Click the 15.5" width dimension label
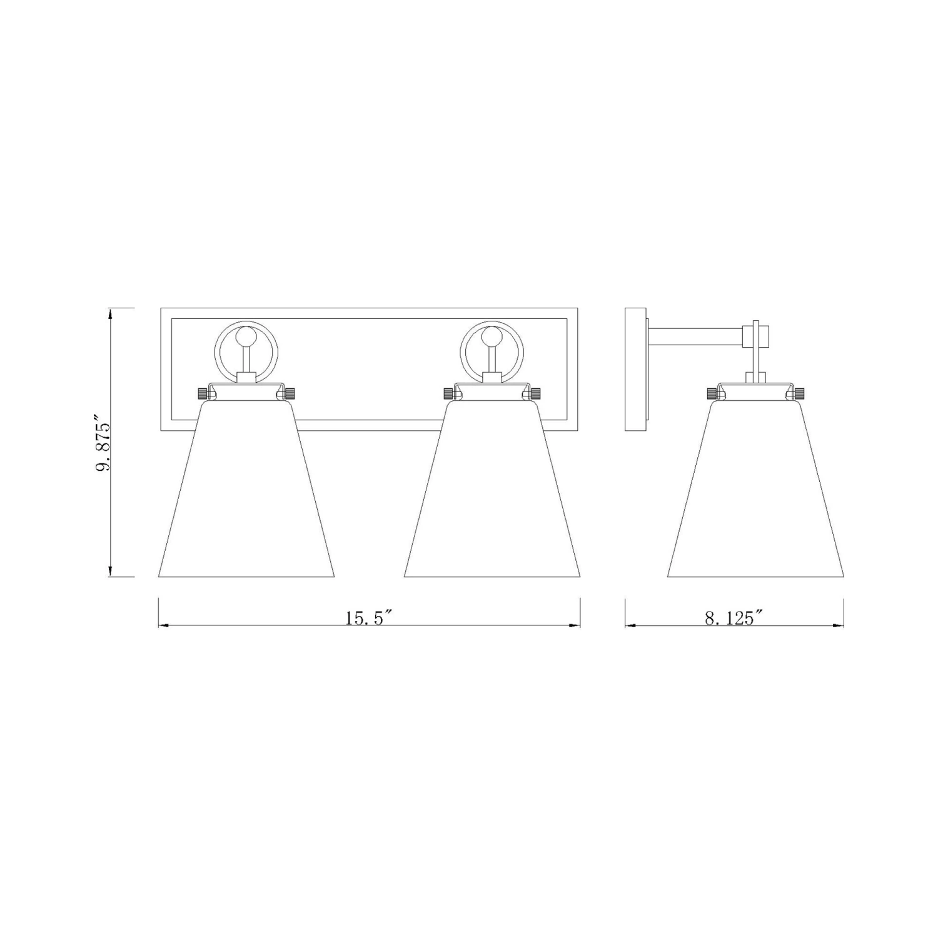[368, 618]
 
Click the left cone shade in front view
[246, 494]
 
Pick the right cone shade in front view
[492, 494]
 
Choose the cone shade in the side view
[755, 494]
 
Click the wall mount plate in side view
[636, 369]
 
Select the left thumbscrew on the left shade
[202, 393]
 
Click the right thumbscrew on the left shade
[290, 393]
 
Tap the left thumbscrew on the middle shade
[448, 393]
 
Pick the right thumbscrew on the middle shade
[536, 393]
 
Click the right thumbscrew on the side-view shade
[799, 393]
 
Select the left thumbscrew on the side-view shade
[712, 393]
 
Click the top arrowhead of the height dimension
[111, 313]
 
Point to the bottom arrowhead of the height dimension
[111, 572]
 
